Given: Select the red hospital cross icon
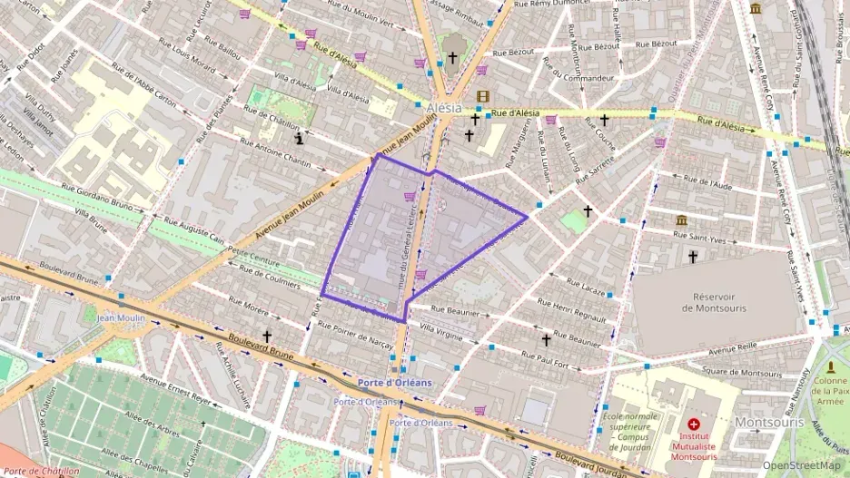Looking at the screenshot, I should pyautogui.click(x=694, y=424).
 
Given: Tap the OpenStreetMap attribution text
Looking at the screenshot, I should pyautogui.click(x=801, y=465).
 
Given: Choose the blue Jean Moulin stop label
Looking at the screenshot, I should pyautogui.click(x=122, y=317).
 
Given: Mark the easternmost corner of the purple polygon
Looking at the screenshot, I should pyautogui.click(x=527, y=217).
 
